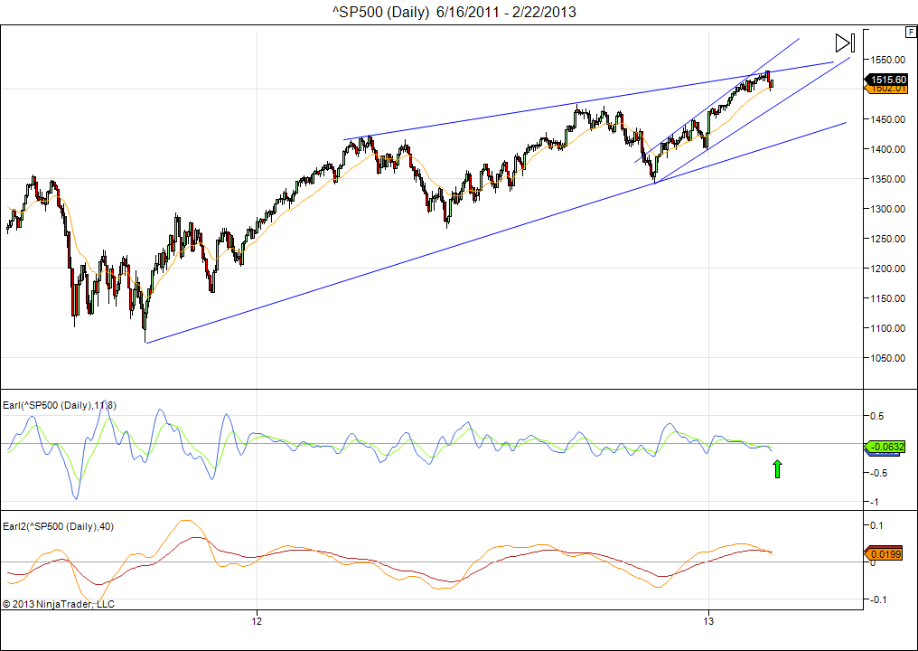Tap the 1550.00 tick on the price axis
[889, 60]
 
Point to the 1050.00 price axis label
[889, 358]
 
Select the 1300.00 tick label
[889, 209]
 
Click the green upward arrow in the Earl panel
[776, 468]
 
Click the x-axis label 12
[258, 622]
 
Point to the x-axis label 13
[709, 622]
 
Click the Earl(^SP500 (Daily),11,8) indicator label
[60, 405]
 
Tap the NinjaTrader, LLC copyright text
[59, 603]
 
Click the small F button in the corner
[910, 32]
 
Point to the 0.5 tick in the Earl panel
[876, 416]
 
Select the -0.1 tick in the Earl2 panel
[876, 599]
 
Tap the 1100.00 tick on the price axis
[889, 328]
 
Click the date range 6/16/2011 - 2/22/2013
[507, 12]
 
